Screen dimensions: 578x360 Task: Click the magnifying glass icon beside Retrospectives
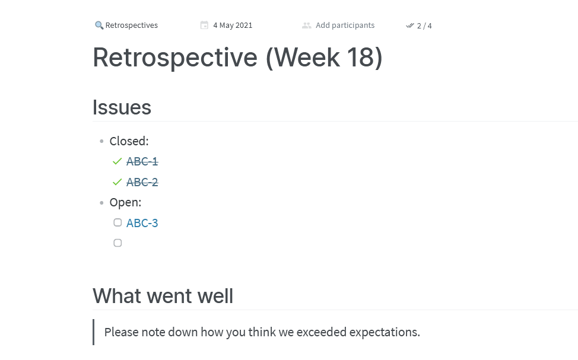(x=99, y=25)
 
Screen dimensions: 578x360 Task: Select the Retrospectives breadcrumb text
(x=132, y=25)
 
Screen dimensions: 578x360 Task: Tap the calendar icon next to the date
(x=204, y=25)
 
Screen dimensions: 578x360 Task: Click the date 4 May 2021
(x=233, y=25)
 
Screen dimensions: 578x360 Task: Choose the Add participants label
(x=345, y=25)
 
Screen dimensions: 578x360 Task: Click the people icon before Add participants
(x=307, y=26)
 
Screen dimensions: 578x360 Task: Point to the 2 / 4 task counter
(x=424, y=26)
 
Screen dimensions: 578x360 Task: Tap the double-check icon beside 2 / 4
(x=410, y=26)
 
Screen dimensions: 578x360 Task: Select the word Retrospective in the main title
(x=175, y=58)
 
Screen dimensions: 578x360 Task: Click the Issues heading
(x=122, y=107)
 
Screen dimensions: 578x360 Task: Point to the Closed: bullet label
(x=129, y=141)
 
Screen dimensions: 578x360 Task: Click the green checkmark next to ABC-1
(x=117, y=161)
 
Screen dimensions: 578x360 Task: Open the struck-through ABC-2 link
(x=142, y=182)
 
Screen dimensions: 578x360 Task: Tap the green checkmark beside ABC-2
(x=117, y=182)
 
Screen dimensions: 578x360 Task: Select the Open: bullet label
(x=125, y=202)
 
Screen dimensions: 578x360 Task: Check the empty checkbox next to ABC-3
(x=117, y=222)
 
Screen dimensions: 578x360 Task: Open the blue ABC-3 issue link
(x=142, y=223)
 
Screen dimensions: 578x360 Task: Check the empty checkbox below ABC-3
(x=117, y=243)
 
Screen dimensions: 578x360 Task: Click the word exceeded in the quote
(x=322, y=332)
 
